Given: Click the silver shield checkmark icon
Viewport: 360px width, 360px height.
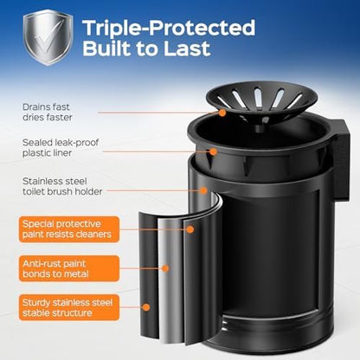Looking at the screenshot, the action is click(x=48, y=36).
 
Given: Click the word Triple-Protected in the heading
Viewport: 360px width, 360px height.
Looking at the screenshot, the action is click(x=169, y=28).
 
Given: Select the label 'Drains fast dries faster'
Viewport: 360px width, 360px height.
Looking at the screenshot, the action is click(x=47, y=112).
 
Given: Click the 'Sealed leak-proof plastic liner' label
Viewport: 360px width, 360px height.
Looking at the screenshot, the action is click(x=61, y=147).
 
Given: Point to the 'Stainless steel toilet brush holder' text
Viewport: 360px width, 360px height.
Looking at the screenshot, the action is click(x=62, y=186).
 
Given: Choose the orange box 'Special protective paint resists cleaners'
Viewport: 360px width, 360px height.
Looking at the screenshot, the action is click(x=69, y=229).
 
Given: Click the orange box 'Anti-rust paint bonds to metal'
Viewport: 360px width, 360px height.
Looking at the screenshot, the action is click(x=69, y=268).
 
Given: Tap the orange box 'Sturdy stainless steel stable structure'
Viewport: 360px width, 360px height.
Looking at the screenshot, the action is click(x=69, y=307).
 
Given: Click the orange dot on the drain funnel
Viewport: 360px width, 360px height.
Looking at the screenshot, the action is click(x=222, y=112).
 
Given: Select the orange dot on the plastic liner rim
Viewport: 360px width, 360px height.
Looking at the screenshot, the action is click(x=213, y=151).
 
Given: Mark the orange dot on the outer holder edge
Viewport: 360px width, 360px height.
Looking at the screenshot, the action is click(x=203, y=190).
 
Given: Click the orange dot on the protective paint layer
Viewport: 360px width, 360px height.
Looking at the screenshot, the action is click(x=190, y=229).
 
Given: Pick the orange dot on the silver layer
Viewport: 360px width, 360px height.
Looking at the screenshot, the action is click(x=165, y=268).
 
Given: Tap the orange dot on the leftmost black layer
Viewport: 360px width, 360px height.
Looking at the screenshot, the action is click(x=146, y=307).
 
